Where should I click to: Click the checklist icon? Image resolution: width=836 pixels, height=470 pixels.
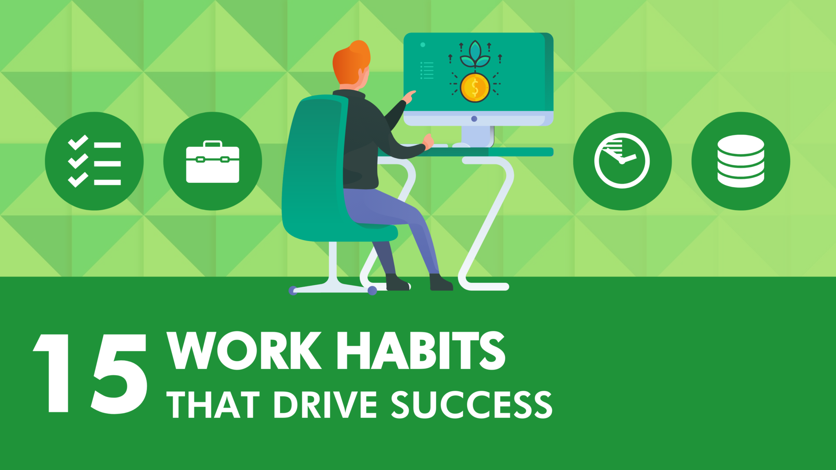[94, 161]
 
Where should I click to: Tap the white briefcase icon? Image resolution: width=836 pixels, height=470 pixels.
[212, 162]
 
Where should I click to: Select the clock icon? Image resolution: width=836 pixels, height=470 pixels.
[622, 161]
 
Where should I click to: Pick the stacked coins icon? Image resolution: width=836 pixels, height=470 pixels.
[740, 161]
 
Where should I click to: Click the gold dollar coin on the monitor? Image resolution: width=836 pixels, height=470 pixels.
[475, 87]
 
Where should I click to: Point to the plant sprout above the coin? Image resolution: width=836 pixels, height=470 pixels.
[475, 55]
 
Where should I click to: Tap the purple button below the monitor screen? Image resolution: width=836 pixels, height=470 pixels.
[474, 119]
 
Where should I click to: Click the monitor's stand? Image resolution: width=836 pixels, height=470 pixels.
[476, 135]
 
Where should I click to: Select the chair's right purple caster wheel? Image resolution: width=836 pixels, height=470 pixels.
[372, 290]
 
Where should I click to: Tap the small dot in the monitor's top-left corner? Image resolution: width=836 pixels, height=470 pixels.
[423, 45]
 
